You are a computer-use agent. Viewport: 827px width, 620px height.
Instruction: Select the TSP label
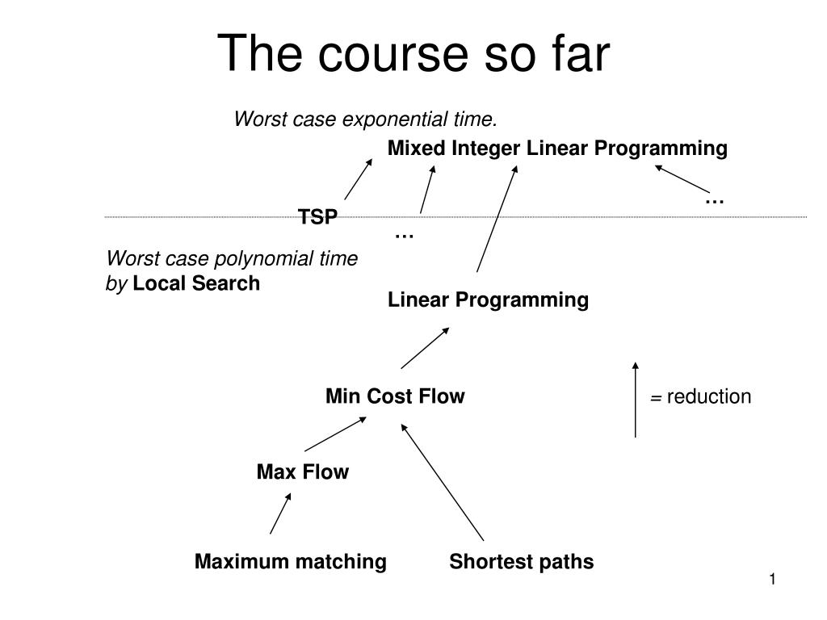point(317,216)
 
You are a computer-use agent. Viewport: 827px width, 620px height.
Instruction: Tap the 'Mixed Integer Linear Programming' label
point(557,149)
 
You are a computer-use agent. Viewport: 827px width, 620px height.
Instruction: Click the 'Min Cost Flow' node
point(395,396)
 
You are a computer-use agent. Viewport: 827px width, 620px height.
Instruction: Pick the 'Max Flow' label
point(303,471)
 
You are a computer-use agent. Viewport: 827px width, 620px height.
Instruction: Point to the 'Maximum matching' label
point(291,562)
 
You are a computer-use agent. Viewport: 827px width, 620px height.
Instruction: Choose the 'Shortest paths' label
point(522,562)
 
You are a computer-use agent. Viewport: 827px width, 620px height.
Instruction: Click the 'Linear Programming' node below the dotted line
point(489,300)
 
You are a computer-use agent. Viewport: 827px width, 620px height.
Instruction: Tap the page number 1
point(773,580)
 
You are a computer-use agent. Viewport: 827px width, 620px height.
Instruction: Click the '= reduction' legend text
point(700,396)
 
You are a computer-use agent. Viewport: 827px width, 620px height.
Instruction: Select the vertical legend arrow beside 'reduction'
point(636,400)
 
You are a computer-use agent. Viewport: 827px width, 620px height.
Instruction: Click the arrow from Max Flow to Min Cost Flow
point(335,434)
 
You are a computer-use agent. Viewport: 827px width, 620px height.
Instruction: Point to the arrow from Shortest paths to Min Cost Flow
point(442,483)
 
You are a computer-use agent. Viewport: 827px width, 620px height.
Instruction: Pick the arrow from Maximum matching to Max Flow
point(280,513)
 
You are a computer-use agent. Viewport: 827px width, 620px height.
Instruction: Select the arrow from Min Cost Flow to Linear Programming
point(425,348)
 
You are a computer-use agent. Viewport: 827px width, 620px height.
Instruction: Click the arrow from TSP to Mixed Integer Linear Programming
point(358,179)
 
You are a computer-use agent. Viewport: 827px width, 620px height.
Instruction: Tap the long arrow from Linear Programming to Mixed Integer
point(497,218)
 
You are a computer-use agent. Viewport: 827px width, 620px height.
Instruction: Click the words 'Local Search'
point(196,283)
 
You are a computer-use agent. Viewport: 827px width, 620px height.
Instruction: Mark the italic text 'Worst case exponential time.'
point(366,119)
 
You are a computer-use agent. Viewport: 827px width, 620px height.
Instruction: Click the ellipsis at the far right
point(715,201)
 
